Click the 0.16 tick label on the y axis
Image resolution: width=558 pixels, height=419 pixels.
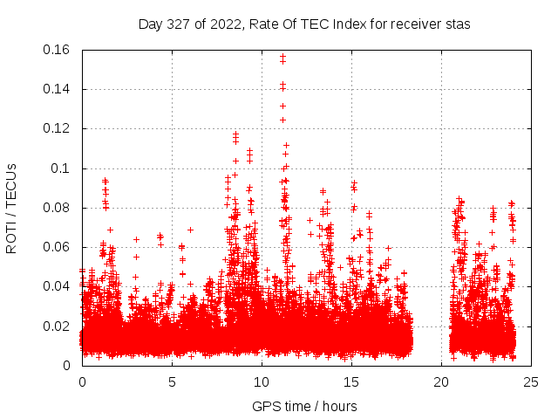click(58, 50)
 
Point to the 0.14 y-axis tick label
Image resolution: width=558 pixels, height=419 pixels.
click(58, 89)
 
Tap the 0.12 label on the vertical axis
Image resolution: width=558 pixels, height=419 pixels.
click(58, 128)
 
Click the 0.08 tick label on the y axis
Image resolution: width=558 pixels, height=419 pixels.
click(58, 208)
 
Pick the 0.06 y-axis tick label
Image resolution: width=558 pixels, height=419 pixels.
click(58, 247)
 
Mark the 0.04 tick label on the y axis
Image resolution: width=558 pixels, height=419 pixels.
click(58, 286)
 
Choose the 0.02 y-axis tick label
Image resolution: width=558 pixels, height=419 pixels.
click(58, 326)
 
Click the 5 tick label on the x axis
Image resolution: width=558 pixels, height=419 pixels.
click(172, 381)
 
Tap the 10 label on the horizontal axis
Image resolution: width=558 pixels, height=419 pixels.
click(262, 381)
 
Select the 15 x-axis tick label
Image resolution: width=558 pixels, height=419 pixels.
click(351, 381)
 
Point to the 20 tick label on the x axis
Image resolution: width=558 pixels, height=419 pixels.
click(441, 381)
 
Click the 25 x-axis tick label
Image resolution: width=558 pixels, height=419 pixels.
click(531, 381)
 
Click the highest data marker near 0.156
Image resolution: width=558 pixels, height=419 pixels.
click(282, 57)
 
